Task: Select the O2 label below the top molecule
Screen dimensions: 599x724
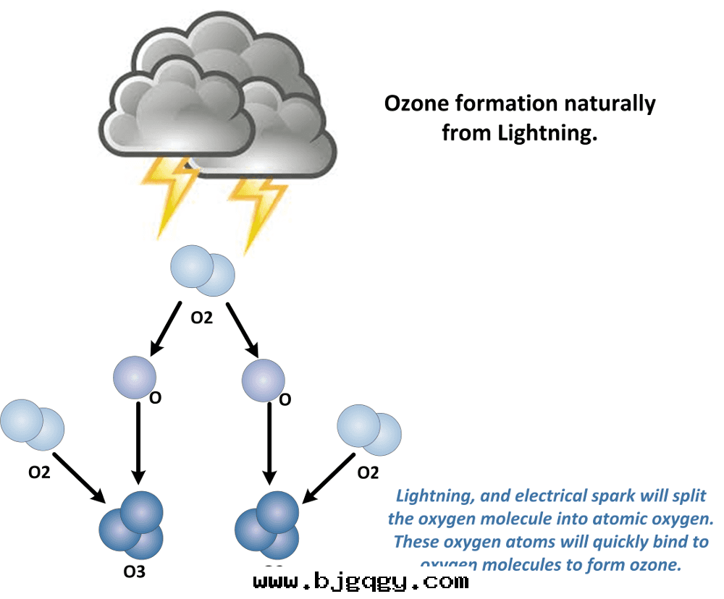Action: [x=201, y=316]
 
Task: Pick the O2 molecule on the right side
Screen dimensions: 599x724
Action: [x=369, y=429]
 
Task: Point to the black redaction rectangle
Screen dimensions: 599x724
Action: [x=361, y=579]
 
